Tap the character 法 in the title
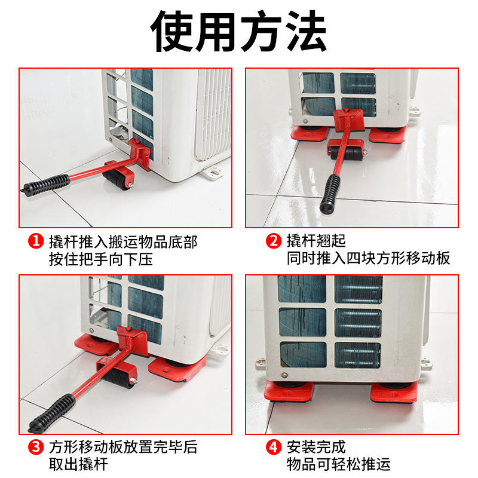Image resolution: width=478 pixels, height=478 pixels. [x=307, y=32]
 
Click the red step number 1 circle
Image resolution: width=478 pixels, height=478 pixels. [x=36, y=241]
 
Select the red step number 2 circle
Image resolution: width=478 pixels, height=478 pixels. [x=274, y=241]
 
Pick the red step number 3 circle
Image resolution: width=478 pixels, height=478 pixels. [x=36, y=447]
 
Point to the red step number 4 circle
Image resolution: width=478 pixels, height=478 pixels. [x=274, y=447]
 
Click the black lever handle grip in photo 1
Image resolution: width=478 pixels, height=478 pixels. [x=45, y=185]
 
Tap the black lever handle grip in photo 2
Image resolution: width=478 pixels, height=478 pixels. [x=330, y=194]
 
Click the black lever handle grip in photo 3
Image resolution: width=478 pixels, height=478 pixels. [x=52, y=413]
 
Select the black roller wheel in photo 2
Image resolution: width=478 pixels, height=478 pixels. [x=347, y=153]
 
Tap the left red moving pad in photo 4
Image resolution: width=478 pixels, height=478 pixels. [x=288, y=391]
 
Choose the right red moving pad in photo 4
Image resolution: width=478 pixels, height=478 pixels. [x=394, y=393]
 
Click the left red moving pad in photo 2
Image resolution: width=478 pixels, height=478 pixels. [x=309, y=133]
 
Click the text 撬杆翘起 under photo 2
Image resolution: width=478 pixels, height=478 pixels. [x=316, y=241]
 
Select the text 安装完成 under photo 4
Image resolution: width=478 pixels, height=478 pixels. [x=316, y=447]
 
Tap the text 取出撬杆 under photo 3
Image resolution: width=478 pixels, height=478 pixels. [x=78, y=464]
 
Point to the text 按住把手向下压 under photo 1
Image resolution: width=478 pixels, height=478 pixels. [x=101, y=259]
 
